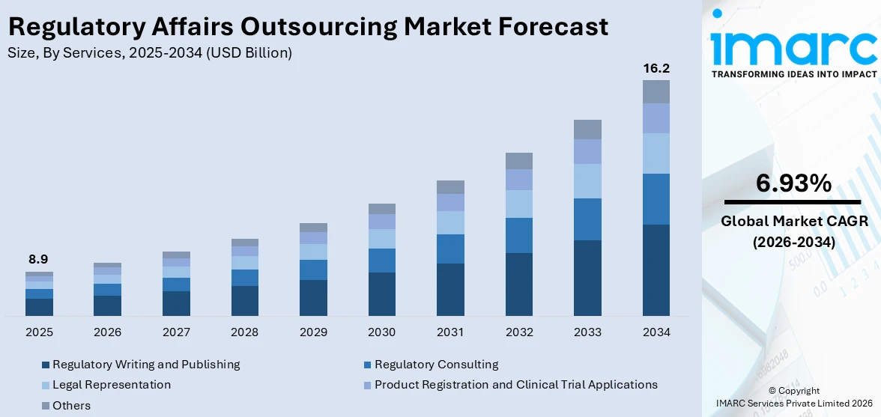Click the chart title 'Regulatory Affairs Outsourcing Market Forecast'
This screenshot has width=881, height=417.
coord(307,26)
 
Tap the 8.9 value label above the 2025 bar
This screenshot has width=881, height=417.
coord(38,259)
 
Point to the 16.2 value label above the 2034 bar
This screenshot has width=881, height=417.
coord(656,68)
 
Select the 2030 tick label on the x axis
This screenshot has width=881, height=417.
coord(382,332)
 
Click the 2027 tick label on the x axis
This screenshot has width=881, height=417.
coord(176,332)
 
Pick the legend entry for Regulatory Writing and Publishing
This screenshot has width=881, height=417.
coord(145,365)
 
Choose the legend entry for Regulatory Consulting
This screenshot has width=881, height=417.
coord(435,365)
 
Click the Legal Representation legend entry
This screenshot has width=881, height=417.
coord(111,385)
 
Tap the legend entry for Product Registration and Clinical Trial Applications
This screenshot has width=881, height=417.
coord(515,385)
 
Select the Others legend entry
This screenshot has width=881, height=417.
coord(70,405)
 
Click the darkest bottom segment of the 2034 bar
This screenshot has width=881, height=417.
coord(656,270)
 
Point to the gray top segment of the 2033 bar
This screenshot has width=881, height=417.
coord(587,130)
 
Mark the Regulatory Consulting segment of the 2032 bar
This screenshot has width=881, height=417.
coord(519,235)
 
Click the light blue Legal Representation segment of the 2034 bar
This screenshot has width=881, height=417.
coord(656,153)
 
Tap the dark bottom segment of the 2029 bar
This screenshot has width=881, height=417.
coord(313,297)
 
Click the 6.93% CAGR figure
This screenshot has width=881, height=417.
coord(793,183)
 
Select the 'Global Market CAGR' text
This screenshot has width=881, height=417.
coord(793,221)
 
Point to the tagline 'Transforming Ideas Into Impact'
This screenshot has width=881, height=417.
coord(793,74)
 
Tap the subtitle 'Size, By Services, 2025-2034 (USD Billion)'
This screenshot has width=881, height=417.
coord(150,52)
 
